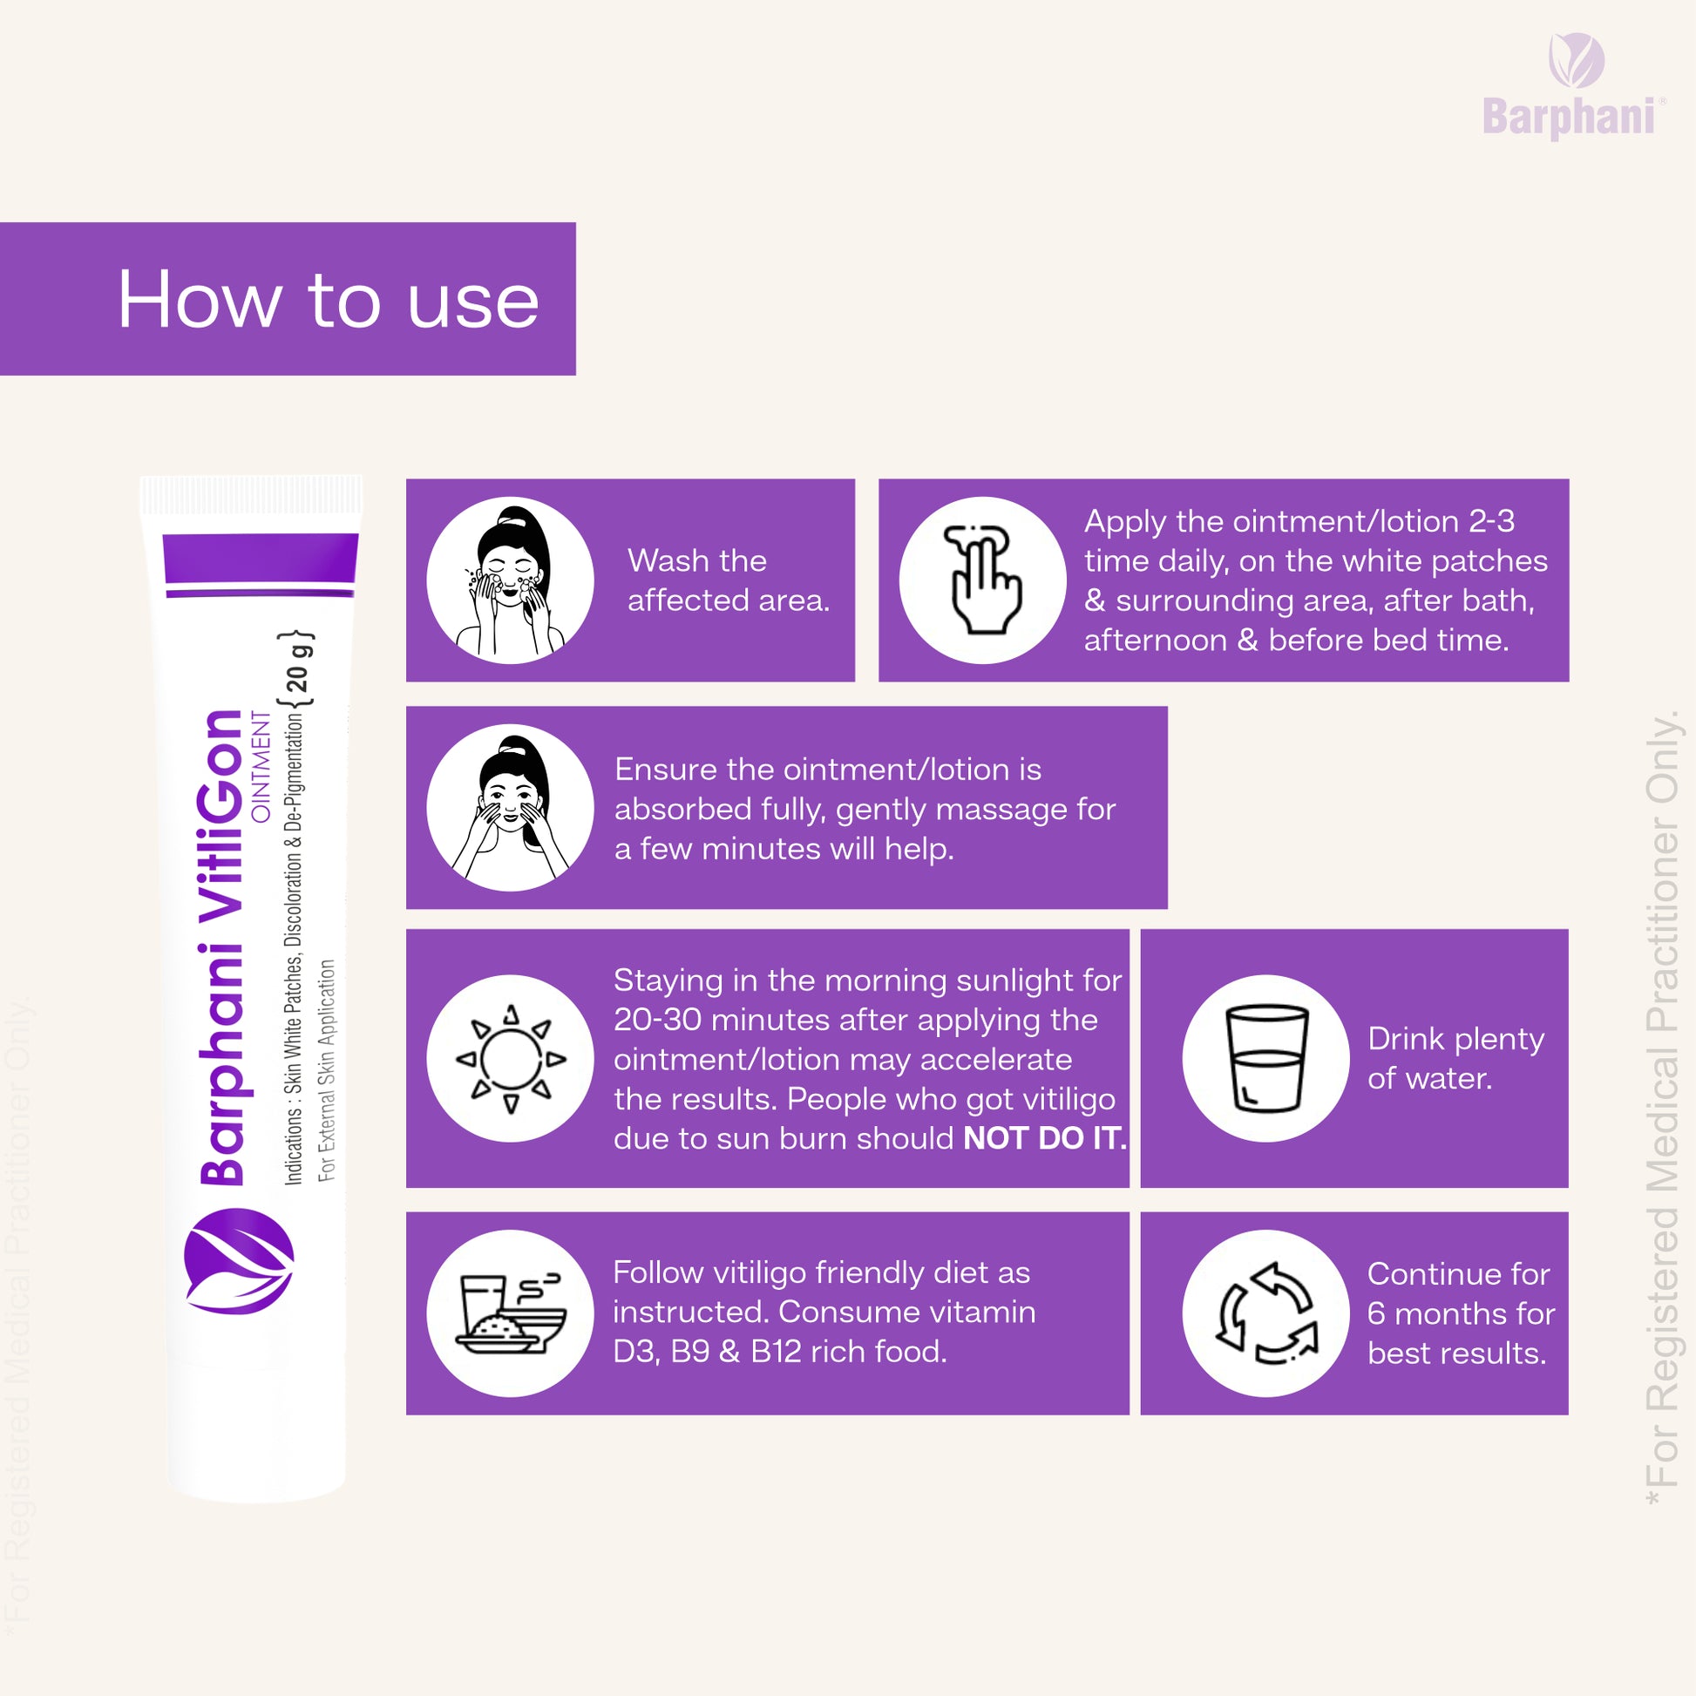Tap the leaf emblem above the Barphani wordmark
1577,59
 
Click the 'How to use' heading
329,300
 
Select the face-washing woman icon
510,580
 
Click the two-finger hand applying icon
983,580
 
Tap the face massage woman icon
510,808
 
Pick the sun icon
510,1059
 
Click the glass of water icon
1265,1059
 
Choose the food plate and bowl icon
510,1313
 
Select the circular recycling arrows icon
1265,1313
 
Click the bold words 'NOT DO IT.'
1045,1138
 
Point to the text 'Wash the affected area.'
729,580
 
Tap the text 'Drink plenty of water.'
1455,1059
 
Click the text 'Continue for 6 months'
1461,1294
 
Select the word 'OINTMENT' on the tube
261,766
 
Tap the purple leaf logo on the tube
239,1261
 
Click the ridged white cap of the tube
250,495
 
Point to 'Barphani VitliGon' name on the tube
220,947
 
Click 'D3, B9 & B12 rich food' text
780,1352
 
